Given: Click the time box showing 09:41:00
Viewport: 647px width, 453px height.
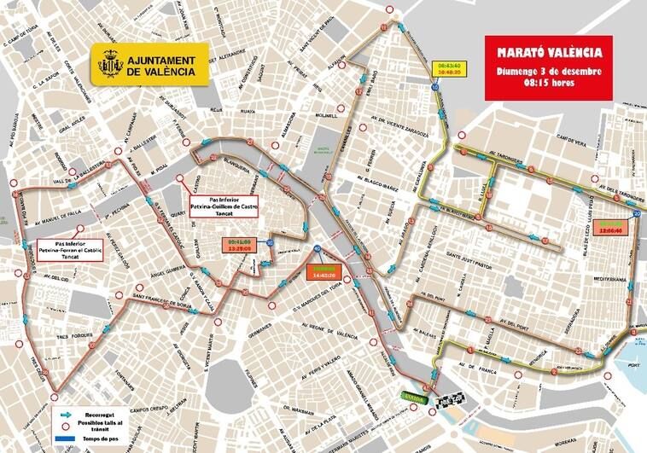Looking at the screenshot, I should (242, 245).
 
